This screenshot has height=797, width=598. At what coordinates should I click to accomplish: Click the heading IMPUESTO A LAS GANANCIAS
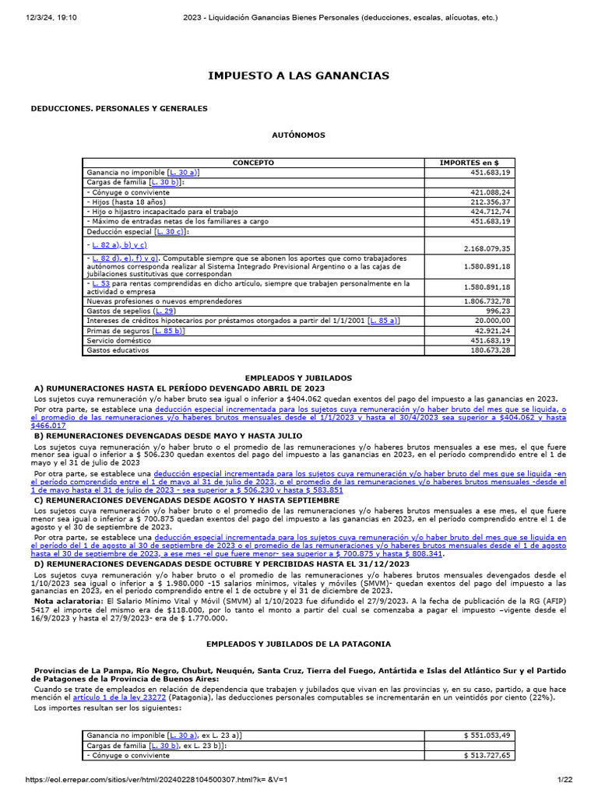[298, 75]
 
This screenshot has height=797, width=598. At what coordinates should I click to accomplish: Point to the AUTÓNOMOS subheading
[298, 135]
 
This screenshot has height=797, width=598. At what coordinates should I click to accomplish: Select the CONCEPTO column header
[253, 163]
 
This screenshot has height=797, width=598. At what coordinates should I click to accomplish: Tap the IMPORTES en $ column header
[469, 163]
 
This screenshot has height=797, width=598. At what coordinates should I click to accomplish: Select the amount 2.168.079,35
[484, 248]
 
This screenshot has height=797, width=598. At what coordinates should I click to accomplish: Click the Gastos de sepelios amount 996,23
[500, 311]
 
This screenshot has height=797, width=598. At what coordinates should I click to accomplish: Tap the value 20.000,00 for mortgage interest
[493, 321]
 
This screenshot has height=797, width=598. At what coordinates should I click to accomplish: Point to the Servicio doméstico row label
[117, 341]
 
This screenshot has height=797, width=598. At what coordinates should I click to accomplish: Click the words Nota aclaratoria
[65, 601]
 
